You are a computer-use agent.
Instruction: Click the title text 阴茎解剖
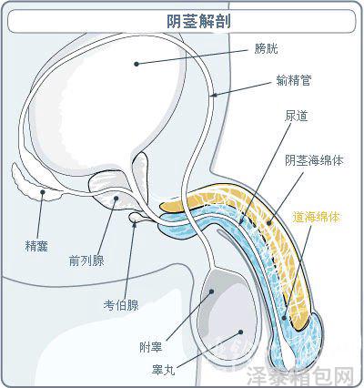198,21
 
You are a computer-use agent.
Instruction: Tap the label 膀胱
266,48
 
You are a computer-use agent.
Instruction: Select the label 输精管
294,80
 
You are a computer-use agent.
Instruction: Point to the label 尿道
297,116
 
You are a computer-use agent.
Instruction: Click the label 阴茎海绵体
314,160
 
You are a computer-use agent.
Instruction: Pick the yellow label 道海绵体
316,218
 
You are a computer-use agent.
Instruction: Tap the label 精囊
36,246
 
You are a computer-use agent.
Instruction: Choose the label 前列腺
86,260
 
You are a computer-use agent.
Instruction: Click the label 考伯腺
121,305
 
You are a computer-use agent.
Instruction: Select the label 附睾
151,347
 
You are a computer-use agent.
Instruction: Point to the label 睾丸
164,370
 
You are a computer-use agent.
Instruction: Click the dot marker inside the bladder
136,64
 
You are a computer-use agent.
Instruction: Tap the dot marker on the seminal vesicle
43,192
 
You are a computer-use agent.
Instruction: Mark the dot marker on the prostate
116,199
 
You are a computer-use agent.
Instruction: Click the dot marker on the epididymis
211,291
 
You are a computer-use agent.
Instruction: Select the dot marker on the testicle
240,332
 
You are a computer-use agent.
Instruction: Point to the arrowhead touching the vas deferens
215,95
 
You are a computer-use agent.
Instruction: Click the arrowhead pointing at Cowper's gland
135,224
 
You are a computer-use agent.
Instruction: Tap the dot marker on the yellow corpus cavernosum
268,223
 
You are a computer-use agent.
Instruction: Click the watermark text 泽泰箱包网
300,377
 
